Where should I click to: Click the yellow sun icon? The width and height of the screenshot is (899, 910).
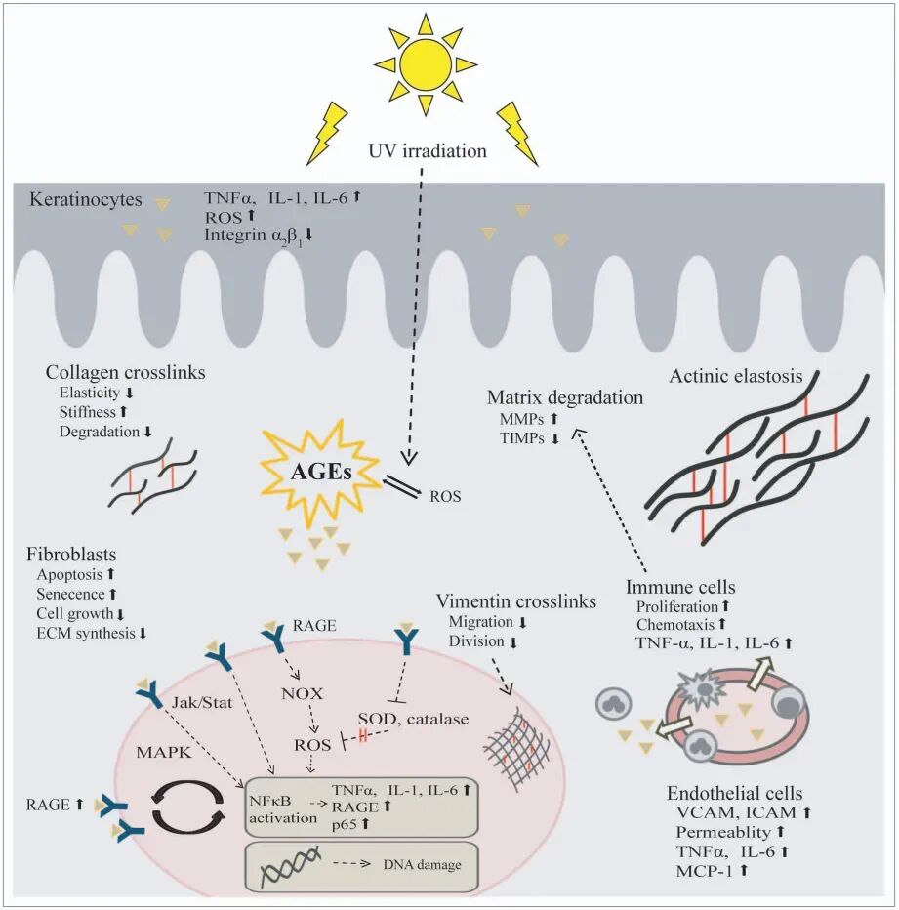pos(425,63)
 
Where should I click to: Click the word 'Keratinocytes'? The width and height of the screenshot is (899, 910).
pos(72,201)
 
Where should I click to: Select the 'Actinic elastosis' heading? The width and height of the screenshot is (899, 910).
pos(736,377)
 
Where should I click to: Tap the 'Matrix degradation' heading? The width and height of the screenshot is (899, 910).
pos(565,398)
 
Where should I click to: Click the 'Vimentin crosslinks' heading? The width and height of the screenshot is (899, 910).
pos(515,601)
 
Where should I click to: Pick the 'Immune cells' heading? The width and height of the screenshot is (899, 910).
pos(680,588)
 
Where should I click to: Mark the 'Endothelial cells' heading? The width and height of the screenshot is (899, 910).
pos(734,793)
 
